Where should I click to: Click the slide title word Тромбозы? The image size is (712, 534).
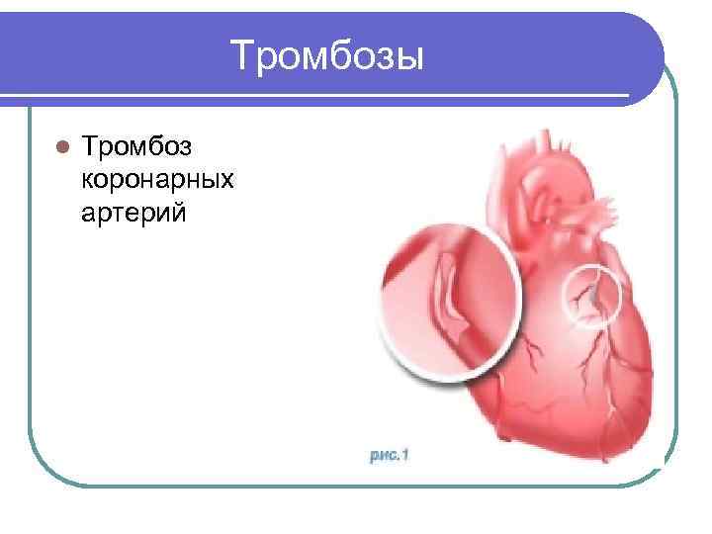click(327, 55)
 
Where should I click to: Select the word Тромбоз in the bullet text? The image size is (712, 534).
click(137, 147)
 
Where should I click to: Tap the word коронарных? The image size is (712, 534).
click(159, 180)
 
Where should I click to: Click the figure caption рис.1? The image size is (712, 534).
click(389, 455)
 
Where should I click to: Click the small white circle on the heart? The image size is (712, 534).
click(593, 294)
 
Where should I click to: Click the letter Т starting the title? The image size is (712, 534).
click(241, 55)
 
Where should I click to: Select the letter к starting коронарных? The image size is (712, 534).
click(89, 180)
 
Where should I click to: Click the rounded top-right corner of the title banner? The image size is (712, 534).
click(648, 30)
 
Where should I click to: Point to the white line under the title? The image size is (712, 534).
click(326, 96)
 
